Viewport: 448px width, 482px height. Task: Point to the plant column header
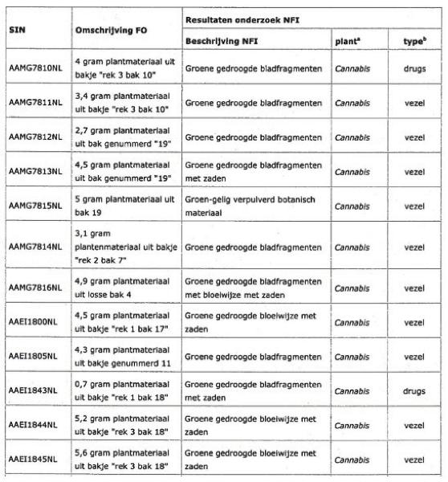click(x=346, y=39)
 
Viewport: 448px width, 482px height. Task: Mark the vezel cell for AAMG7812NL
click(x=414, y=137)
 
